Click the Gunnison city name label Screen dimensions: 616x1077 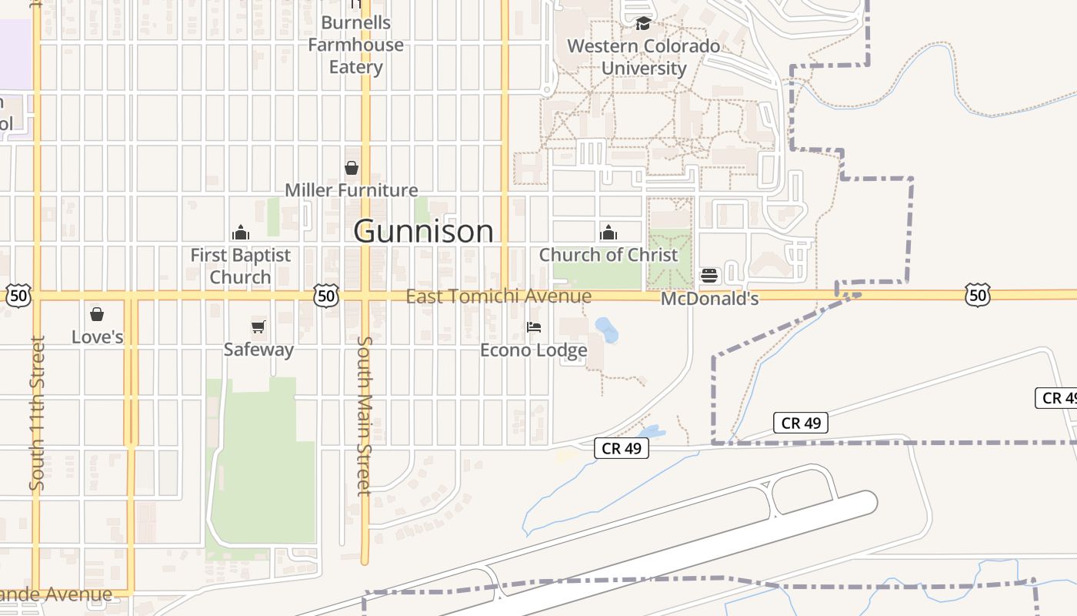point(423,231)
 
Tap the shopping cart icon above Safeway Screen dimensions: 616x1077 point(258,327)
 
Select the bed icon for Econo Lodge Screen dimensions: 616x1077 point(534,327)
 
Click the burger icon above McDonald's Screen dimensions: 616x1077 point(709,276)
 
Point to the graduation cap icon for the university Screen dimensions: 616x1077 point(643,24)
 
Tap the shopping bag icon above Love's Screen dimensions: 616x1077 point(97,314)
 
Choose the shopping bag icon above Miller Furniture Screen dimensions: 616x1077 point(352,168)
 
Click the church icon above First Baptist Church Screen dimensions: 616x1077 point(241,233)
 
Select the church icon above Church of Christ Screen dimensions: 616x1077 point(609,233)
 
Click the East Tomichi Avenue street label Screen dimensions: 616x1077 point(498,296)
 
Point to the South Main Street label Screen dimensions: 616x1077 point(365,416)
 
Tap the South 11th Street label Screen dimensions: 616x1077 point(37,413)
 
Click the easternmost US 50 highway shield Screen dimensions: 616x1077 point(978,295)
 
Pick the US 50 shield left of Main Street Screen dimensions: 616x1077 point(326,295)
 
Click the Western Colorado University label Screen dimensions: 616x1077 point(644,57)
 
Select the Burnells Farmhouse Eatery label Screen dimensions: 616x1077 point(355,45)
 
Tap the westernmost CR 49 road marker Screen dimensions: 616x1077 point(622,448)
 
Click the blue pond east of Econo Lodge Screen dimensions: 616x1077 point(606,330)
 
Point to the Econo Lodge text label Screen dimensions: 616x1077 point(534,350)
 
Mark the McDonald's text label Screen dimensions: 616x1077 point(709,299)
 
